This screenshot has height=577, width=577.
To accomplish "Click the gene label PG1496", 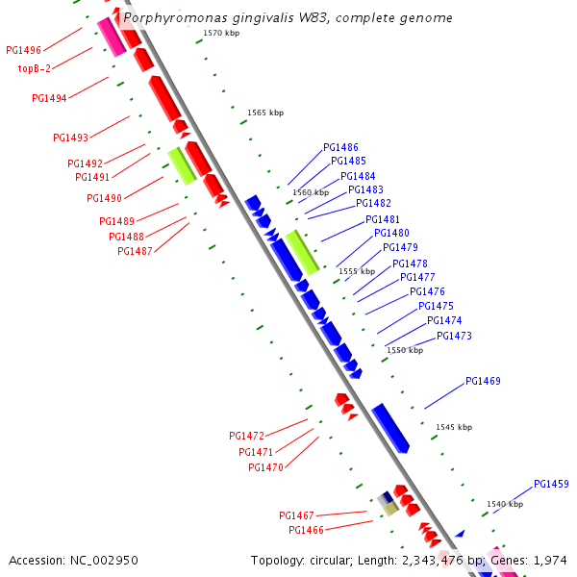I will coord(23,50).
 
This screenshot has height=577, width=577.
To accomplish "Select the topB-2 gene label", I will coord(35,68).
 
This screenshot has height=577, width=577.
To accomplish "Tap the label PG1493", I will coord(70,138).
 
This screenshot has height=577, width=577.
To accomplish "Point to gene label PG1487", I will coord(136,251).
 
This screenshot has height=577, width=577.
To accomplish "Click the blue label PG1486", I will coord(340,148).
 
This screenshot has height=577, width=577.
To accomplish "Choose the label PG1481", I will coord(384,220).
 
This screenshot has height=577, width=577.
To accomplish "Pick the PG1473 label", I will coord(454,336).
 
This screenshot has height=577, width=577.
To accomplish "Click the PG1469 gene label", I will coord(483,381).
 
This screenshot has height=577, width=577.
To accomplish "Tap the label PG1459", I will coord(551,484).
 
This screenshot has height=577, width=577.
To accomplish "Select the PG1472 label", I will coord(247,436).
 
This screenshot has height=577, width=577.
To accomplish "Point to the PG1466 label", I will coord(307,530).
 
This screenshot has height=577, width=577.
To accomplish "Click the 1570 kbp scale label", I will coord(222,34).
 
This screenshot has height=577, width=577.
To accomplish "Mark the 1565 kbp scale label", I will coord(265,113).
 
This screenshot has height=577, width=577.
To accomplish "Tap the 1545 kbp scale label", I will coord(454,427).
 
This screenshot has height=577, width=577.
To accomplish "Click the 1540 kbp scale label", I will coord(505,504).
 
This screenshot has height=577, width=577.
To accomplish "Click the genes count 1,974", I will coord(551,560).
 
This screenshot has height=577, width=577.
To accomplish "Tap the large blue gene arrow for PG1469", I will coord(390,428).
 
